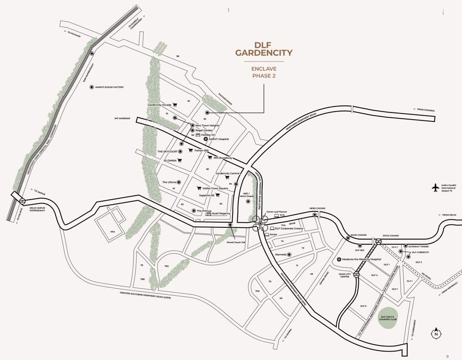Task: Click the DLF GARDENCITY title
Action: coord(264,49)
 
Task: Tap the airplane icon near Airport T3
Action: coord(435,187)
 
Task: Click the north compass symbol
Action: coord(436,333)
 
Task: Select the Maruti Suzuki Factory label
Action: coord(109,87)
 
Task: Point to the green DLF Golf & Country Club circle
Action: coord(388,317)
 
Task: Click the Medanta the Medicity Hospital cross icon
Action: coord(339,259)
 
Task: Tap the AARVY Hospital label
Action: coord(219,139)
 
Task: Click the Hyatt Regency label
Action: coord(221,213)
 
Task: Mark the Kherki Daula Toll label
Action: coord(236,242)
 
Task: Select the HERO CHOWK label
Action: coord(317,209)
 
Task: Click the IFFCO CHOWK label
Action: coord(390,236)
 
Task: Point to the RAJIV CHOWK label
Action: coord(359,235)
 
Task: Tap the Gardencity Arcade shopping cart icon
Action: coord(175,105)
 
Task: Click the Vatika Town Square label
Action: coord(215,188)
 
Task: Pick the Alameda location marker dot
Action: coord(289,255)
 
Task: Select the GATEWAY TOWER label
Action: coord(418,246)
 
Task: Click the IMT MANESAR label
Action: coord(122,119)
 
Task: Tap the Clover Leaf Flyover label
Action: coord(276,212)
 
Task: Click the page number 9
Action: coord(447,356)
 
